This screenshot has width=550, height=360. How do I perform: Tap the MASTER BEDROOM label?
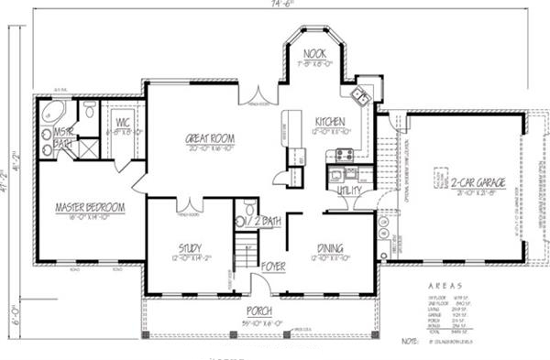pyautogui.click(x=90, y=208)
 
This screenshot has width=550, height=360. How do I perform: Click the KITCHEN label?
pyautogui.click(x=329, y=122)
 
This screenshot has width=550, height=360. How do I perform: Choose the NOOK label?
pyautogui.click(x=315, y=53)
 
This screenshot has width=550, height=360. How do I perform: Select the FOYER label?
pyautogui.click(x=273, y=267)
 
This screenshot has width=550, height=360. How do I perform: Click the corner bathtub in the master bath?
pyautogui.click(x=52, y=115)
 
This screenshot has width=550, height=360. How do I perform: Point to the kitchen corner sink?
pyautogui.click(x=360, y=94)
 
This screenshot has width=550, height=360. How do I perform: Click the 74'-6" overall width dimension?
pyautogui.click(x=276, y=5)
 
